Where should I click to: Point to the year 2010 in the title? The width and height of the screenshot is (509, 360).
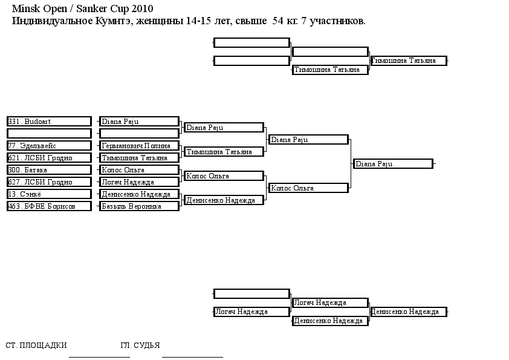point(142,8)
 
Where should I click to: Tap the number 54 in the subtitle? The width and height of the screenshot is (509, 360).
point(278,21)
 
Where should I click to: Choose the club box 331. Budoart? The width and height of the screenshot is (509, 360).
point(49,122)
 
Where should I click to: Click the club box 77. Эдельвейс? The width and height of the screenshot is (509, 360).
point(49,146)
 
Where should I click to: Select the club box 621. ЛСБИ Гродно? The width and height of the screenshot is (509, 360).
point(49,158)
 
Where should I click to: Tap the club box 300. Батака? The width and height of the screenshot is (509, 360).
point(49,170)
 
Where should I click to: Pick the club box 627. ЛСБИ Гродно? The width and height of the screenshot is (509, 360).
point(49,182)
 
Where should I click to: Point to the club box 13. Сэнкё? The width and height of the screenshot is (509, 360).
point(49,194)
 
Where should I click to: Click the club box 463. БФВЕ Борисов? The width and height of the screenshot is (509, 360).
point(49,206)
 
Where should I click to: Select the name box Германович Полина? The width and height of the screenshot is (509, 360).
point(139,146)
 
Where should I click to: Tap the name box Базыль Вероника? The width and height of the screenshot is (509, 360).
point(139,206)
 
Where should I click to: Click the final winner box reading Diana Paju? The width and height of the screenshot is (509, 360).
point(393,164)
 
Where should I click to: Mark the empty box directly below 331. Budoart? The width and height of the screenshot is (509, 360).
point(49,134)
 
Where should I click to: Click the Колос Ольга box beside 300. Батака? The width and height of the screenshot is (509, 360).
point(139,170)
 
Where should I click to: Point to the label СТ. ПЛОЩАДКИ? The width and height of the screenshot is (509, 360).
point(36,345)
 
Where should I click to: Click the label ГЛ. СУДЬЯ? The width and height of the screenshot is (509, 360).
point(140,345)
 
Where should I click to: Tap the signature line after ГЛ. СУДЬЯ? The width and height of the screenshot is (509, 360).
point(192,357)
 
